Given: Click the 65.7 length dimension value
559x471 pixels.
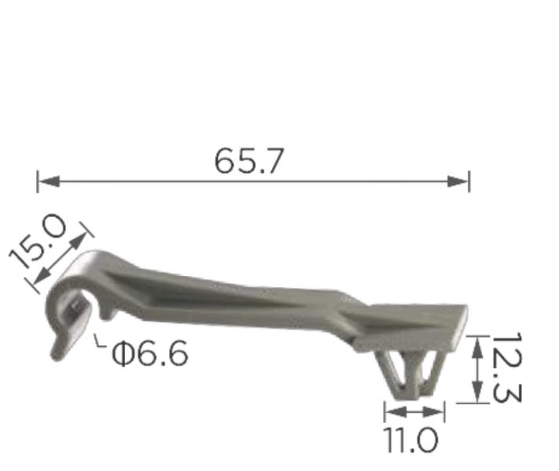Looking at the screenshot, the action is pos(249,161).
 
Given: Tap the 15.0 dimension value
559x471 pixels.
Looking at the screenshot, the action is pos(38,241).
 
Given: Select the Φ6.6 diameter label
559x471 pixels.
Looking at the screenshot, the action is pos(149,353).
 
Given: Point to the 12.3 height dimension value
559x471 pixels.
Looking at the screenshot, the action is pos(506,368).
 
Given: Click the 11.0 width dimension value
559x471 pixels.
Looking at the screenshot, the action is pos(410,440).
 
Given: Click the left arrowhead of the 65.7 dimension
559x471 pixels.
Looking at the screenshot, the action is pos(49,181).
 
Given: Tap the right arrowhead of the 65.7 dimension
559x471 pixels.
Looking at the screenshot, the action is pos(458,181).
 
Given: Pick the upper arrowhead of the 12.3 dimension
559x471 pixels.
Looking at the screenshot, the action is pos(477,348).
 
